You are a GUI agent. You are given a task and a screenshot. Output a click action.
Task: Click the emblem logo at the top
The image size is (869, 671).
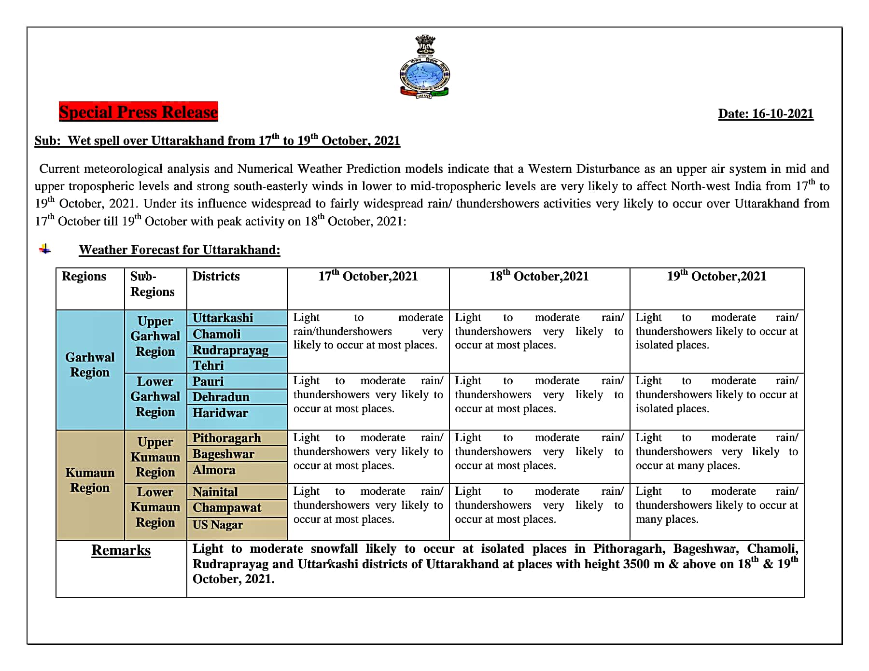pyautogui.click(x=425, y=67)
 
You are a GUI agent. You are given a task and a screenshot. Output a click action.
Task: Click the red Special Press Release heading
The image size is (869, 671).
pyautogui.click(x=139, y=112)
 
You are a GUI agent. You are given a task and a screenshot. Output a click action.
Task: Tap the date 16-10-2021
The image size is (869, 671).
pyautogui.click(x=766, y=114)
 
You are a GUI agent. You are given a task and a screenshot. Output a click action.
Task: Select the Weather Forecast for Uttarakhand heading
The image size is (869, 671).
pyautogui.click(x=179, y=250)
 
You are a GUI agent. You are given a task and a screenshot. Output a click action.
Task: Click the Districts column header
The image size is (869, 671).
pyautogui.click(x=216, y=277)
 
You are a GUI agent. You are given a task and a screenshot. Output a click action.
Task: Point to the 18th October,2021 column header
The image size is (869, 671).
pyautogui.click(x=539, y=277)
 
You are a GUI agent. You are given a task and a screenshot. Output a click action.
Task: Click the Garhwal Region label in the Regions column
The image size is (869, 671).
pyautogui.click(x=90, y=365)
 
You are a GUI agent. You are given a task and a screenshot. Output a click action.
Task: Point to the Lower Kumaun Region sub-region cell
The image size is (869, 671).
pyautogui.click(x=155, y=507)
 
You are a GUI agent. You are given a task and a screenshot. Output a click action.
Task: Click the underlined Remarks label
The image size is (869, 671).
pyautogui.click(x=121, y=550)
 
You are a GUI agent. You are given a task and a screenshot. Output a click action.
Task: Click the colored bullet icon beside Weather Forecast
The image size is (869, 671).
pyautogui.click(x=45, y=249)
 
